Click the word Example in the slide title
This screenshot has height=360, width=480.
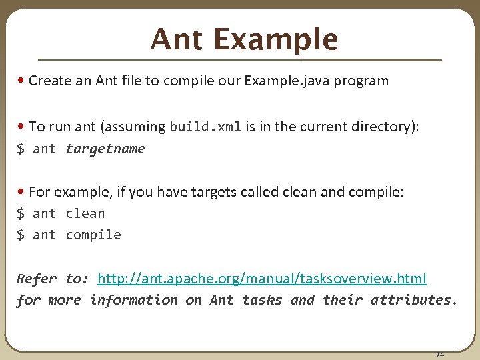click(275, 39)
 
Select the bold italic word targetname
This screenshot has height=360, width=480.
click(105, 149)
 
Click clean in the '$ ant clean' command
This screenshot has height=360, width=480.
click(85, 213)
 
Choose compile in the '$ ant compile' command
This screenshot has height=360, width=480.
click(93, 235)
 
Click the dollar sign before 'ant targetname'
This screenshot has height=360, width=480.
click(21, 149)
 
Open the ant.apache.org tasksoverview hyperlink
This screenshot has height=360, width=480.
click(262, 278)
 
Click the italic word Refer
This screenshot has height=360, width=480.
click(37, 278)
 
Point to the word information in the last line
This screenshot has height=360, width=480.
click(133, 300)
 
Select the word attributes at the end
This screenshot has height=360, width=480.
click(413, 300)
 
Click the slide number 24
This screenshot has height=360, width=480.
click(439, 355)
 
